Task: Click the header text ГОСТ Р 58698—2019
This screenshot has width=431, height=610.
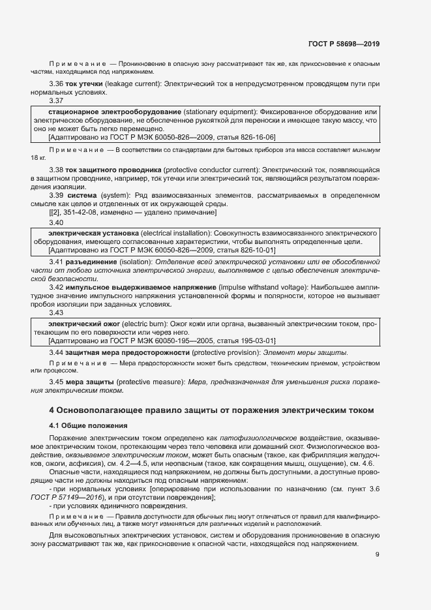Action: click(x=344, y=44)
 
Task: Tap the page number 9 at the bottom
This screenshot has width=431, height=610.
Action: click(x=378, y=555)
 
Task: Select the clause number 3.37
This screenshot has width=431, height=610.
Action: click(x=56, y=101)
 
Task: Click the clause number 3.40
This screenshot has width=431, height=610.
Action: click(x=56, y=222)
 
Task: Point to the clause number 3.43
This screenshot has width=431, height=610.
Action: click(x=56, y=313)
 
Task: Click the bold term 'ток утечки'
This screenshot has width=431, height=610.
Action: click(x=84, y=84)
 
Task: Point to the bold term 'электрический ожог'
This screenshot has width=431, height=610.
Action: click(x=84, y=324)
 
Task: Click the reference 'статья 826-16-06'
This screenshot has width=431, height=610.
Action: click(x=244, y=137)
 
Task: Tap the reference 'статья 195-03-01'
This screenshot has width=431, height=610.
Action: click(x=244, y=341)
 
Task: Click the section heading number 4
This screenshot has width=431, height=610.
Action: click(x=52, y=410)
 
